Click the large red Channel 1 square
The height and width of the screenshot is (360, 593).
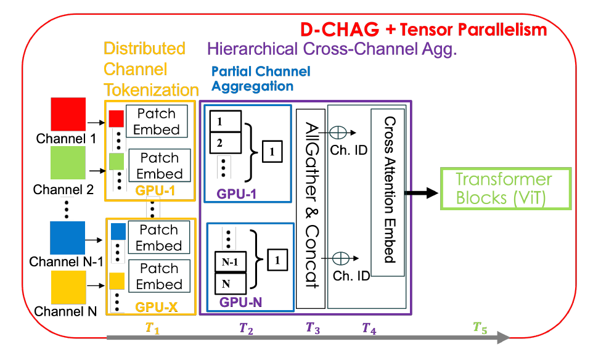[68, 115]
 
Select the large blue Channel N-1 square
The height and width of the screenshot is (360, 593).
[68, 237]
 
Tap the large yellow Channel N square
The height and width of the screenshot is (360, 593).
[68, 287]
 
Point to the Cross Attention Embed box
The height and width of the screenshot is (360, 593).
[387, 189]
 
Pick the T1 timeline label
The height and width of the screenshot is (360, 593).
[152, 329]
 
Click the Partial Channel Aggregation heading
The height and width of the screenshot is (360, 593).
[260, 78]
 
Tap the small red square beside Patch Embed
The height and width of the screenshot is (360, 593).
[116, 118]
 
